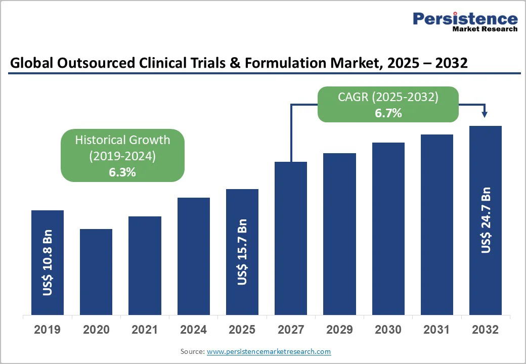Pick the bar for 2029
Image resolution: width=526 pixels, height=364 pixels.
pos(339,234)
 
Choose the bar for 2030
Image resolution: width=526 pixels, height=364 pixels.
pos(388,229)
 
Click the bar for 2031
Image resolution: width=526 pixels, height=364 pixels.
pos(437,224)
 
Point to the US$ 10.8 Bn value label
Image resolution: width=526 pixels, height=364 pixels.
pos(48,263)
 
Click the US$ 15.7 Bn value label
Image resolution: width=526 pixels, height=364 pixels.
pos(242,252)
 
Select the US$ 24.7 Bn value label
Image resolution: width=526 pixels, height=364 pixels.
pos(486,220)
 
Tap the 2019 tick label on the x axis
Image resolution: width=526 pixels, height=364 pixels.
pos(48,330)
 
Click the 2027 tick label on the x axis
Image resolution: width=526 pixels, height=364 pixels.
pos(291,330)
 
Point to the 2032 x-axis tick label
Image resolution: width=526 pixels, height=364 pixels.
pos(486,330)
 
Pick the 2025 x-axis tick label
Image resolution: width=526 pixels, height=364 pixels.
pos(242,330)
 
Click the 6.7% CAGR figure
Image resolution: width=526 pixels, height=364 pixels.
pos(388,113)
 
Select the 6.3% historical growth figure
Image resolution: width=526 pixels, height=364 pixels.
pos(122,172)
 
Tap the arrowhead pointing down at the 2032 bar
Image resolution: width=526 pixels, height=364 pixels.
pos(486,115)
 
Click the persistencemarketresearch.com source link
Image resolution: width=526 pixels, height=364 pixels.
pos(269,351)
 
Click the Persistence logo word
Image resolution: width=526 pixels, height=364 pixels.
pos(465,19)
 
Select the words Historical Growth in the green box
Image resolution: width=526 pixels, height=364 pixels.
pos(122,140)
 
